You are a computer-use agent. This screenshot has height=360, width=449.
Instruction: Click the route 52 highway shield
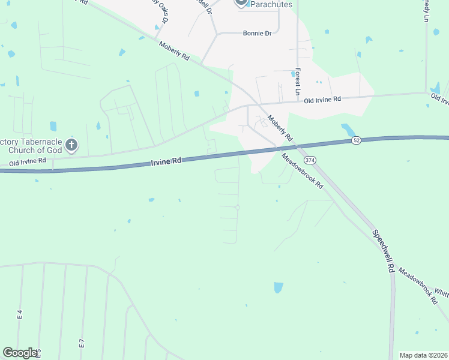tap(356, 140)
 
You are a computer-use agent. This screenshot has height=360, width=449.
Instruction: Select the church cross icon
tap(71, 145)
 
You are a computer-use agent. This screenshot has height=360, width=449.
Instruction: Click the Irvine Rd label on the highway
tap(165, 161)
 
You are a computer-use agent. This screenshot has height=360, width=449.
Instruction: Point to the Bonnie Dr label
tap(257, 34)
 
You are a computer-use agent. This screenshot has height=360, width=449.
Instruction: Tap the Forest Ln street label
tap(297, 82)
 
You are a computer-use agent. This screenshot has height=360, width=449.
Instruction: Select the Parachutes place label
tap(271, 4)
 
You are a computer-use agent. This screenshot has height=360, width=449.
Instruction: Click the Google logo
tap(20, 353)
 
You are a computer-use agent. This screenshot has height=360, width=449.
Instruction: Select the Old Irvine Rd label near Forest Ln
tap(322, 99)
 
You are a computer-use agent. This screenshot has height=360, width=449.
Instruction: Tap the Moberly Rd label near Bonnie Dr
tap(174, 51)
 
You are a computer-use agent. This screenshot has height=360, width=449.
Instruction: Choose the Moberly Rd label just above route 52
tap(279, 128)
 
